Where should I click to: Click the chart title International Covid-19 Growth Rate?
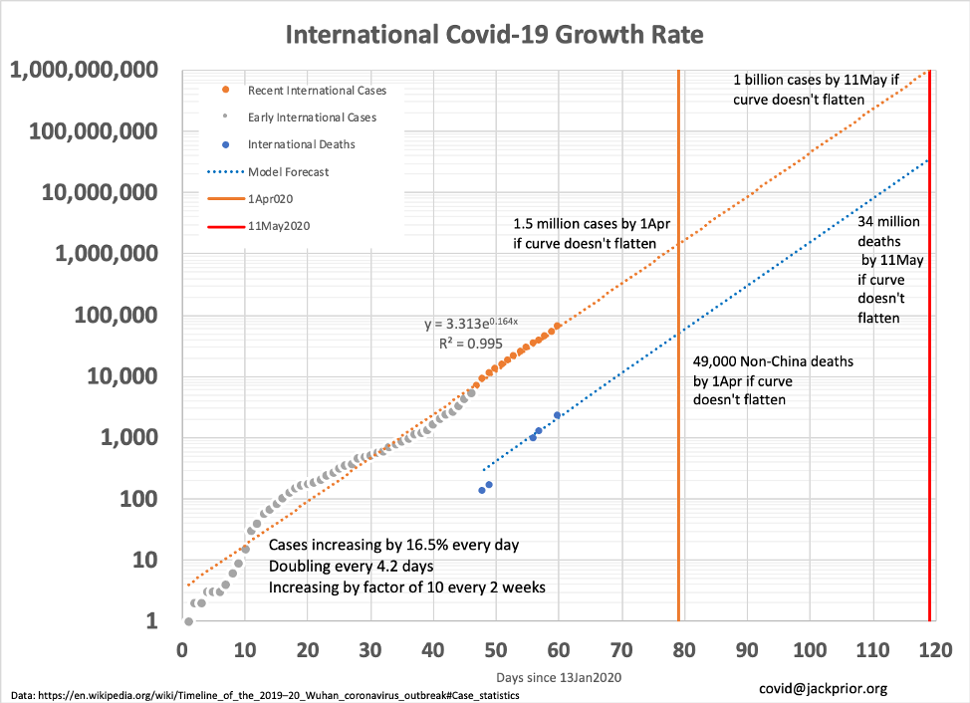pyautogui.click(x=494, y=36)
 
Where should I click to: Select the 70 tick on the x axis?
pyautogui.click(x=621, y=649)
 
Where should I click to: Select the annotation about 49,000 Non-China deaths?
pyautogui.click(x=774, y=380)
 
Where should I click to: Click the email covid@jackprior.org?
pyautogui.click(x=824, y=688)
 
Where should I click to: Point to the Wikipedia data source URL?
pyautogui.click(x=265, y=693)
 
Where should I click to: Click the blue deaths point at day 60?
pyautogui.click(x=558, y=415)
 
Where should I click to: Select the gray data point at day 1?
pyautogui.click(x=188, y=621)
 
